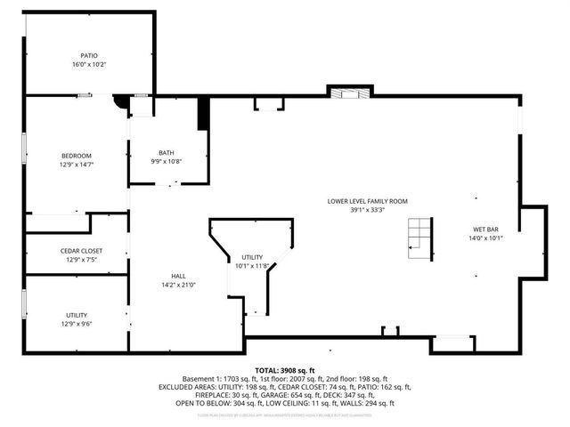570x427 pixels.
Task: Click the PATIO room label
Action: (x=89, y=55)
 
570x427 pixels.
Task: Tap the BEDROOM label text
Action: (x=77, y=156)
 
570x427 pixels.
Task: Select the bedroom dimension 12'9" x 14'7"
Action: (x=77, y=165)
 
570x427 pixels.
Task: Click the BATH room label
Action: (x=167, y=151)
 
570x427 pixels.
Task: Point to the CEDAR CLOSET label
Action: (x=76, y=251)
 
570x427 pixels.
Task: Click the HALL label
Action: (x=178, y=276)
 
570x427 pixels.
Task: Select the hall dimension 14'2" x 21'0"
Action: (x=178, y=285)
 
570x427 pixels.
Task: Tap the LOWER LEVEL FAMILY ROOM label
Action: (x=366, y=201)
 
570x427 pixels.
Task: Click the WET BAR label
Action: (x=485, y=229)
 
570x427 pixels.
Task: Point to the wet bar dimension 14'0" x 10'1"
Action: (x=485, y=238)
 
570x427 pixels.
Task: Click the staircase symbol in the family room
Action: (x=419, y=238)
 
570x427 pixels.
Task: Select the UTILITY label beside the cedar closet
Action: (x=76, y=315)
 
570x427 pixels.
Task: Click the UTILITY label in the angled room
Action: (x=252, y=257)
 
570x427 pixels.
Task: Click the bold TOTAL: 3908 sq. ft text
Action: (x=285, y=369)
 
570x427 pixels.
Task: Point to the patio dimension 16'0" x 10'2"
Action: (x=89, y=64)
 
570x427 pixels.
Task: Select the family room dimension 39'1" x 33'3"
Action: (x=366, y=210)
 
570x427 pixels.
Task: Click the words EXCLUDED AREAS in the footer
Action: (x=189, y=387)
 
